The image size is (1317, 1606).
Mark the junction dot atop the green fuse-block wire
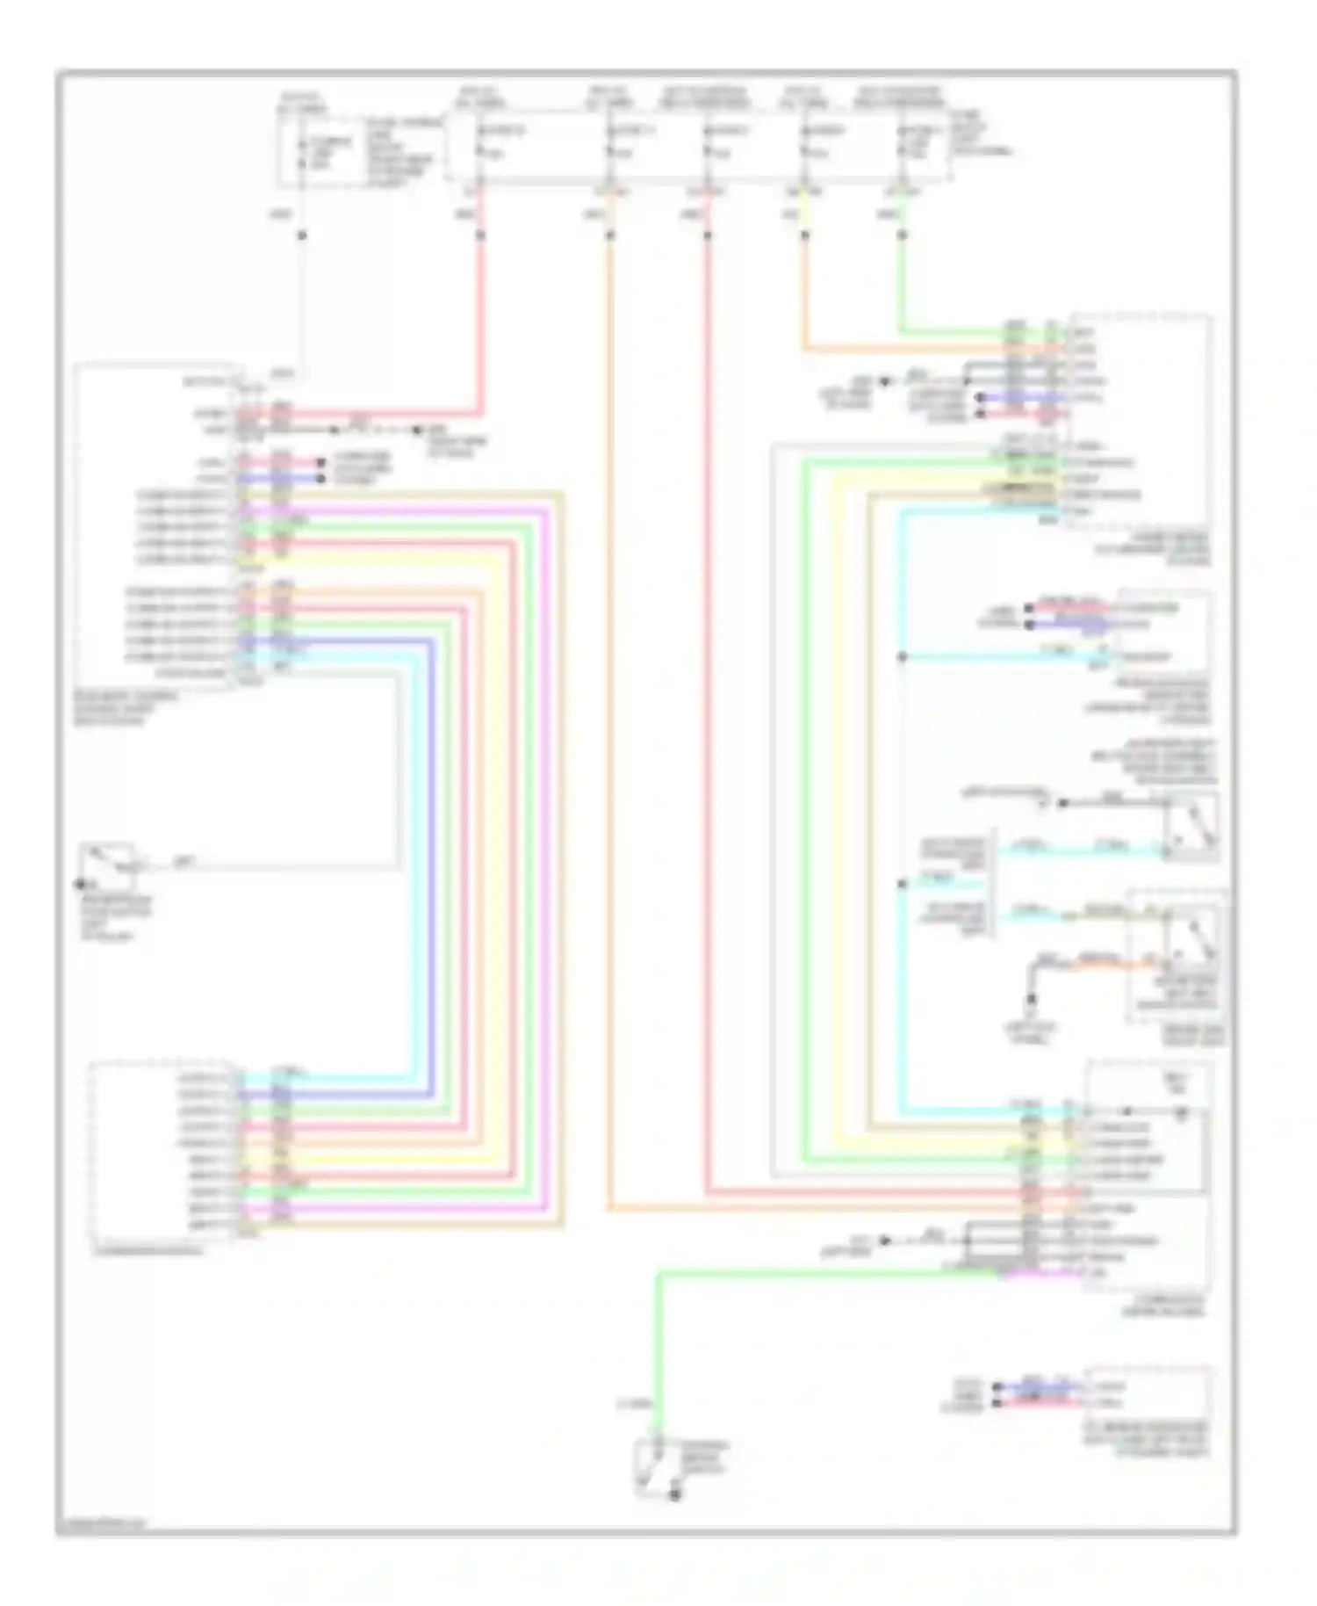tap(902, 235)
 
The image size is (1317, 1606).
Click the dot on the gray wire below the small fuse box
tap(302, 235)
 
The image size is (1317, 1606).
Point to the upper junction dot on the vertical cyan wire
tap(902, 657)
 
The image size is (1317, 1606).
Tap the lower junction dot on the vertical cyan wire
tap(902, 884)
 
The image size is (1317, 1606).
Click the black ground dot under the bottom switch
tap(674, 1495)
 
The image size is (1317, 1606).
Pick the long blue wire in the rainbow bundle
tap(431, 870)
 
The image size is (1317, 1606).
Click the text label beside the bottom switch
tap(708, 1458)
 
